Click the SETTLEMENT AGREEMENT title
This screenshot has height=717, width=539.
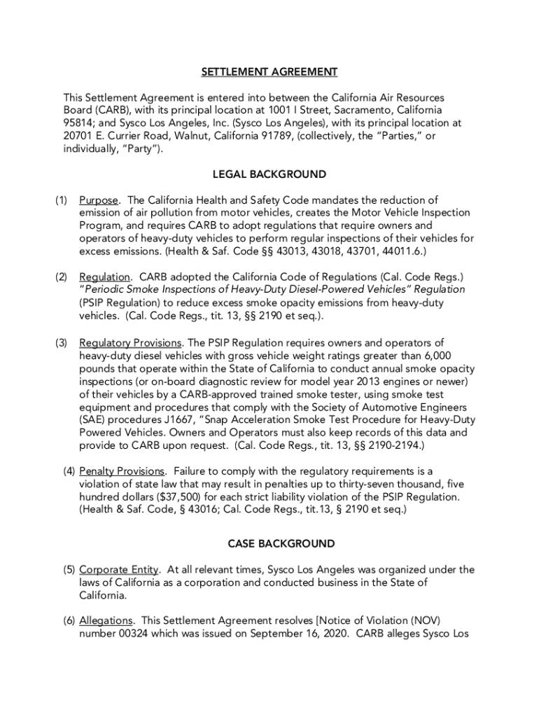[269, 72]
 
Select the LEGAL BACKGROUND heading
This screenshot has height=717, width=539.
[269, 174]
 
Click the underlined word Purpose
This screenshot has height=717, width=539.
[99, 200]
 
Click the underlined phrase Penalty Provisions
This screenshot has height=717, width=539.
[122, 471]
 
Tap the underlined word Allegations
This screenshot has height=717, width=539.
[106, 620]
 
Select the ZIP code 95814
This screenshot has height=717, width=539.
[78, 123]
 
